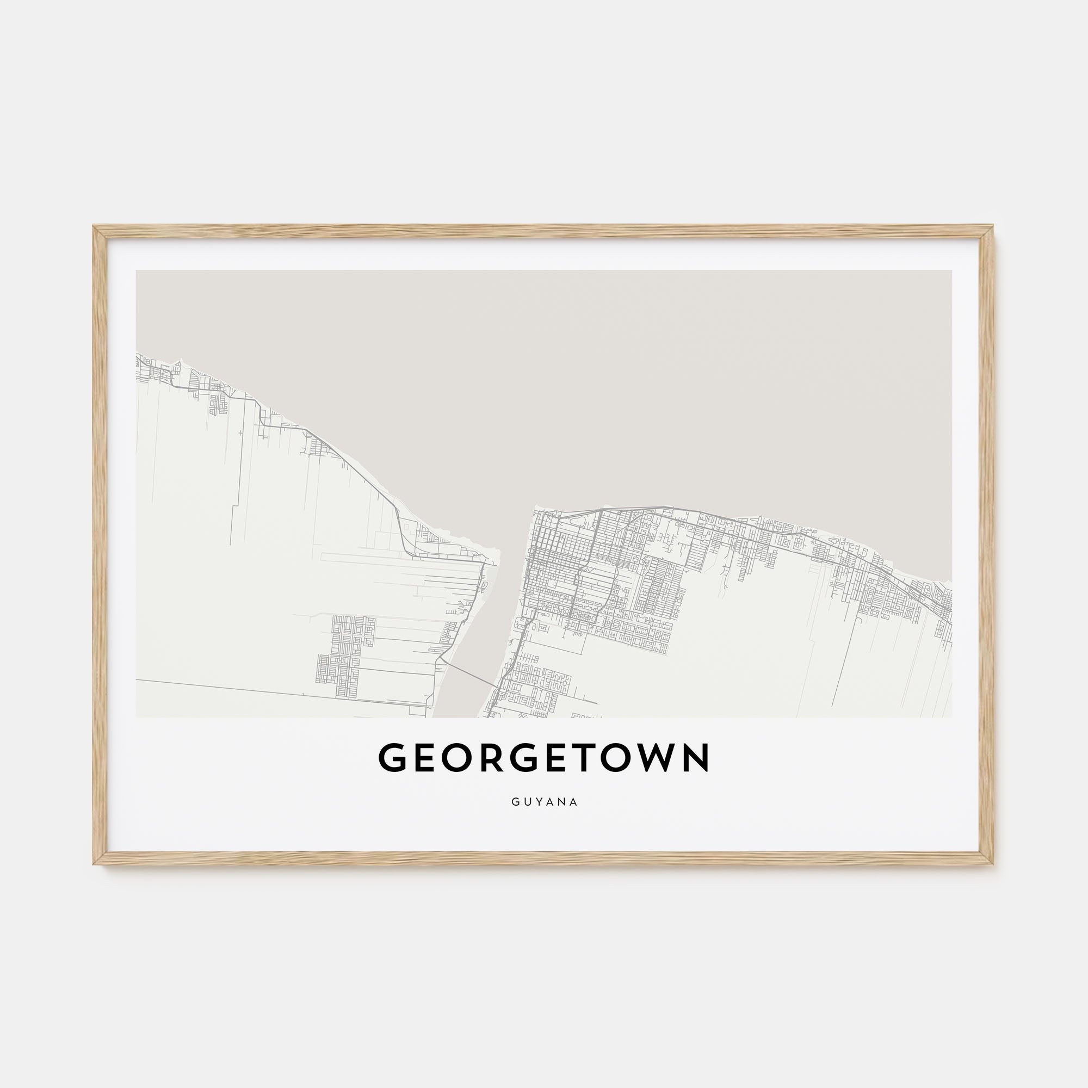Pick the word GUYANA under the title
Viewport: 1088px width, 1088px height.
545,802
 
